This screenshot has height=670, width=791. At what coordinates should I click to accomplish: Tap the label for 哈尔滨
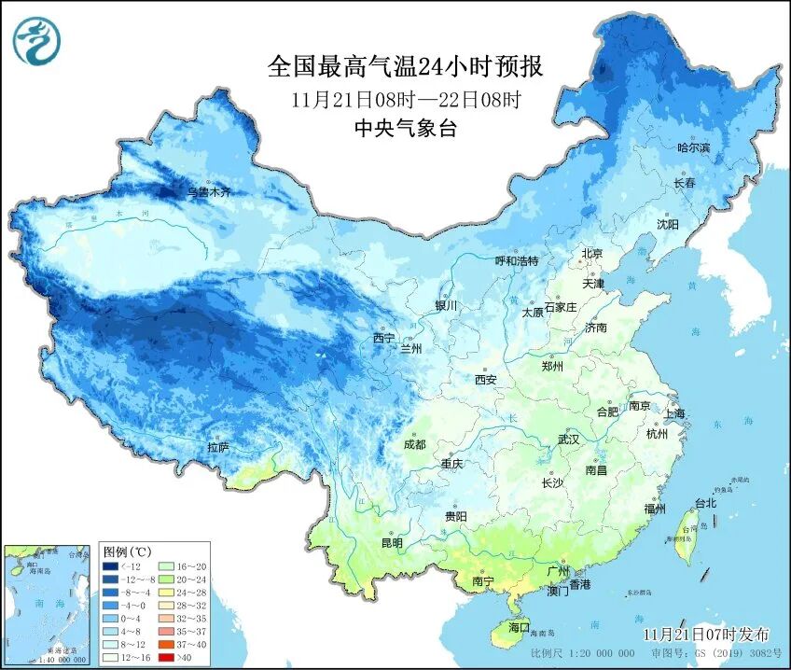tap(693, 148)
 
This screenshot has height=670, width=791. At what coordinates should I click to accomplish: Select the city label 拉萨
tap(219, 449)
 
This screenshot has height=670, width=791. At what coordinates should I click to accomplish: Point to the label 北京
tap(592, 254)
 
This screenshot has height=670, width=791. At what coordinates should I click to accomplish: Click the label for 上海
tap(673, 413)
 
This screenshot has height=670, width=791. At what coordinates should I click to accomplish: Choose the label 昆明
tap(392, 543)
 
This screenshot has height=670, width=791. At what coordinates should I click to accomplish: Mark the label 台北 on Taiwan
tap(705, 504)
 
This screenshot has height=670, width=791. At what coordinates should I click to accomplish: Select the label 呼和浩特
tap(517, 261)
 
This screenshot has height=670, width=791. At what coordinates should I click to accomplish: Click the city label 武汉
tap(568, 439)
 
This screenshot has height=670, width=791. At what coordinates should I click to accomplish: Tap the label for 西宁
tap(383, 338)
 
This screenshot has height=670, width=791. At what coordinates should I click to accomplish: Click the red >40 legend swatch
tap(161, 657)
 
